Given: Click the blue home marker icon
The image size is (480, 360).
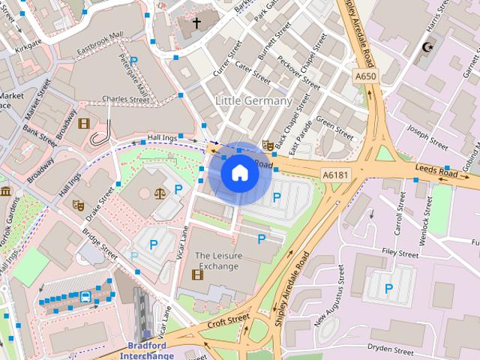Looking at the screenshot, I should pos(239,172).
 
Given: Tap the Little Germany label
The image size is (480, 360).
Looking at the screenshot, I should pos(253,100).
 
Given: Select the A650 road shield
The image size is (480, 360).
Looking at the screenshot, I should pos(365,76).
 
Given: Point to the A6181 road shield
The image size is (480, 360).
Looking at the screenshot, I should pos(335,174).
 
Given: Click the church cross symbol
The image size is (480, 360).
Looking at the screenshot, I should pos(197,23).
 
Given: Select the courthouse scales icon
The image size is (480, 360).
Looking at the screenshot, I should pos(159,192).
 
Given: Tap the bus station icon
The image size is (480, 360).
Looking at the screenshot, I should pos(86,297).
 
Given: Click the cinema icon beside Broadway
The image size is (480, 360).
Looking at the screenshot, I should pos(82,124).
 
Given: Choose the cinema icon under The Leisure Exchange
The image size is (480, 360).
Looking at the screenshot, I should pos(197,274).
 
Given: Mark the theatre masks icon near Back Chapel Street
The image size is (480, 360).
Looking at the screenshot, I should pos(267,145).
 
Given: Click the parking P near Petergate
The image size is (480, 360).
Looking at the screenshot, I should pos(134,61).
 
